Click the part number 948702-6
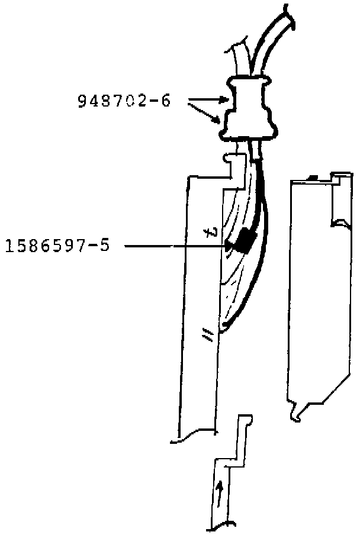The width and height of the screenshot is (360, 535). click(124, 101)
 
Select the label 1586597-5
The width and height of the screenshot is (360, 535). click(57, 245)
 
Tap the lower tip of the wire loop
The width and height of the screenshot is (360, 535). click(224, 327)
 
